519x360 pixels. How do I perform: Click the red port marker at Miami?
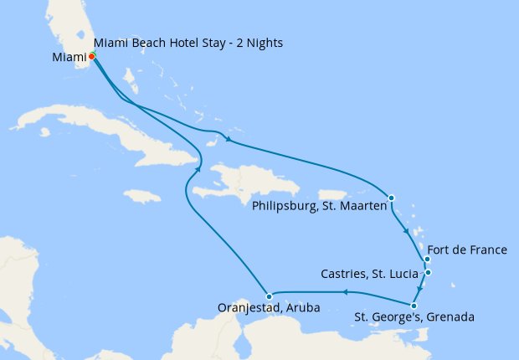(91, 56)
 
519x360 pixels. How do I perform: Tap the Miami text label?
(69, 58)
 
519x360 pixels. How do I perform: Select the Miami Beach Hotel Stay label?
(188, 43)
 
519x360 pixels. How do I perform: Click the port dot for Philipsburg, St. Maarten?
(392, 198)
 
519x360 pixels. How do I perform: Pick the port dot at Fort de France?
(427, 260)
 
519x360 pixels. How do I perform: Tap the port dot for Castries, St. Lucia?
(428, 272)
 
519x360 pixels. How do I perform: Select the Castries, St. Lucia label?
(370, 274)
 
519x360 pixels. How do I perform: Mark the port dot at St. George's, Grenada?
(414, 306)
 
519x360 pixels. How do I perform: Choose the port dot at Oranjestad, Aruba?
(269, 296)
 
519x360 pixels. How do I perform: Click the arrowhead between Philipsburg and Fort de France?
(407, 230)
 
